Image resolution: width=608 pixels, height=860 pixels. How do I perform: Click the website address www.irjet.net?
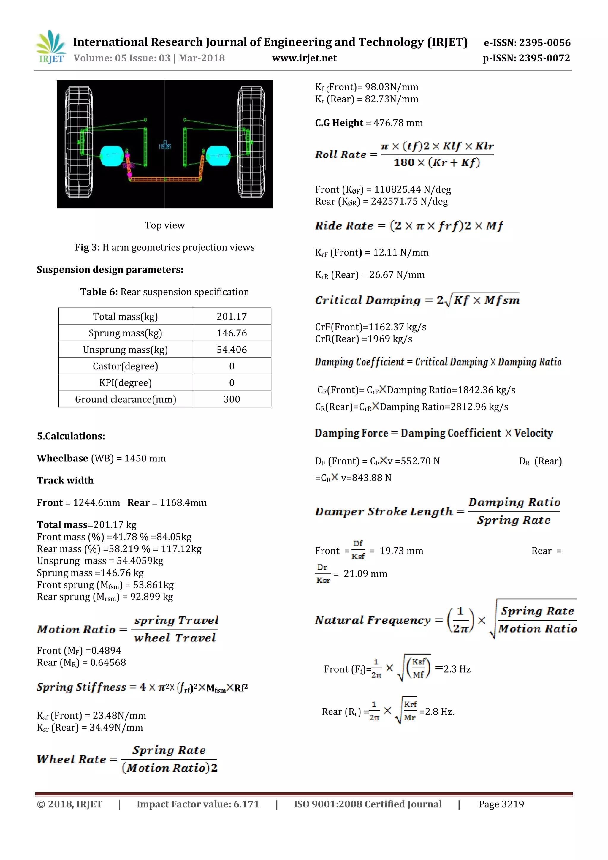click(304, 58)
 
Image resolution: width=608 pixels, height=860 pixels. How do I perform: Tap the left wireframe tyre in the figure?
click(79, 142)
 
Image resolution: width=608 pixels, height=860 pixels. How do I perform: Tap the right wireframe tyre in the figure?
click(251, 142)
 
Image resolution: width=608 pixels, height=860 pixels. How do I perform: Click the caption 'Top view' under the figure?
click(165, 225)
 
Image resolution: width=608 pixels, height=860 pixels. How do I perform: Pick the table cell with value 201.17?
click(232, 317)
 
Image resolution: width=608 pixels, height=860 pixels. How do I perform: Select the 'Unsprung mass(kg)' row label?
click(125, 350)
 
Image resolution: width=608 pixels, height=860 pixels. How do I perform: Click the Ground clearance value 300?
click(232, 399)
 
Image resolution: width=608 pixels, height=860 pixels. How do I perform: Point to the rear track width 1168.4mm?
click(183, 503)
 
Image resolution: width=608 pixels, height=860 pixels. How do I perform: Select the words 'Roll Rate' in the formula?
click(341, 155)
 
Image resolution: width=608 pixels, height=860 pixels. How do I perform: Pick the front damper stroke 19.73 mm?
click(401, 551)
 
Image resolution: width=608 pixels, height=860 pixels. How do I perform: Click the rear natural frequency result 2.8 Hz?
click(437, 712)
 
